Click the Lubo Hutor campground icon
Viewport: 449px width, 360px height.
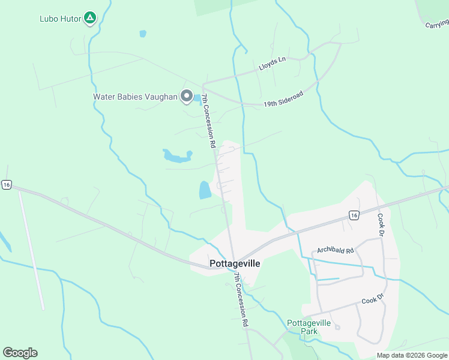[x=89, y=18]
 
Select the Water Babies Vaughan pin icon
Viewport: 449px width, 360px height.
[x=187, y=97]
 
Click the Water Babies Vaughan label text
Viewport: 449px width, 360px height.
[x=135, y=97]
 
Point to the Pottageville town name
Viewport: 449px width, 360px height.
[x=235, y=263]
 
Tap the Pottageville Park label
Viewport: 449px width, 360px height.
[x=309, y=327]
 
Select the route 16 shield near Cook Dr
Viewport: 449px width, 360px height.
[x=354, y=215]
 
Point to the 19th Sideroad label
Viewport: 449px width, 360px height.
[x=283, y=100]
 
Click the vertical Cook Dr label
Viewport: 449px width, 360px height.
[x=380, y=223]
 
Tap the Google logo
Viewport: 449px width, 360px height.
[x=20, y=353]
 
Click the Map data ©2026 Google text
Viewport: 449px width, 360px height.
[x=412, y=355]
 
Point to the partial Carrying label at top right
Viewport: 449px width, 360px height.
[x=437, y=24]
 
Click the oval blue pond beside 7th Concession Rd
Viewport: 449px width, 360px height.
[x=205, y=190]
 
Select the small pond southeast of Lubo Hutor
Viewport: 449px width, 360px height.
[x=143, y=34]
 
